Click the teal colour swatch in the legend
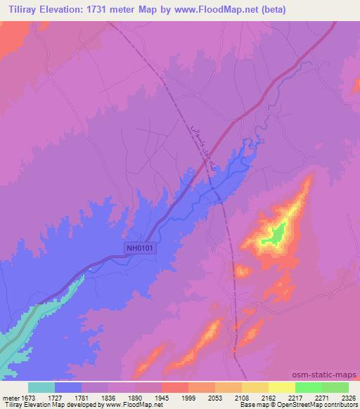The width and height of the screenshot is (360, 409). point(41,387)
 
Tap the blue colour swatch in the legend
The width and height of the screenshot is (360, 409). point(68,387)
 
